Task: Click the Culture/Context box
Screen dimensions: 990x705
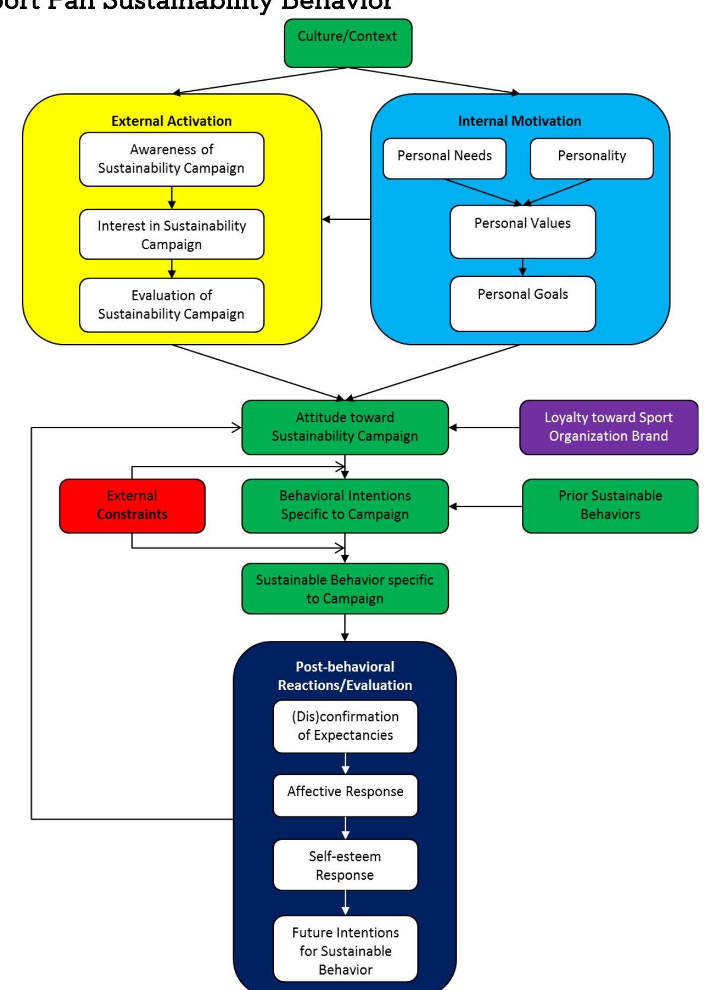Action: [347, 43]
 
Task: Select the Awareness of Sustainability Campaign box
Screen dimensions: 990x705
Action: [171, 159]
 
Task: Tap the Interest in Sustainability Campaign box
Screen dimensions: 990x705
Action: [171, 234]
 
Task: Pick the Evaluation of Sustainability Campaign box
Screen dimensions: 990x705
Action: [171, 305]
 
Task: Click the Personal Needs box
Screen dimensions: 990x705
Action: [445, 158]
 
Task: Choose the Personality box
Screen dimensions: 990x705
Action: [591, 158]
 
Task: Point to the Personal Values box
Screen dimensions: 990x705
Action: [522, 232]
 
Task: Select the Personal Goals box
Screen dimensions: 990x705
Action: [522, 304]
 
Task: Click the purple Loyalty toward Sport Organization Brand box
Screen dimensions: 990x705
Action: [608, 427]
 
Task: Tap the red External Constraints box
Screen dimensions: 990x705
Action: [132, 506]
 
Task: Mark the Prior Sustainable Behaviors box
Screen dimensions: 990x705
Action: [610, 506]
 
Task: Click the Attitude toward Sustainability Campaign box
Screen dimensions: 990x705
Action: [344, 427]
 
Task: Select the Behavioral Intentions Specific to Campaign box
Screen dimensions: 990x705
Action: [344, 506]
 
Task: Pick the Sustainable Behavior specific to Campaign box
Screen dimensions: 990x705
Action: [344, 589]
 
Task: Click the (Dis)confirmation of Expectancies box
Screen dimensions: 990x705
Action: [345, 726]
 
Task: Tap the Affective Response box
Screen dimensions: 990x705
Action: [345, 794]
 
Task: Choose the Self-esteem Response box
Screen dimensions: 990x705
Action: [345, 865]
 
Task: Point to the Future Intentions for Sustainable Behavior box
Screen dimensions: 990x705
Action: [345, 950]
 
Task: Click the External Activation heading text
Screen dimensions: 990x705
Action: [171, 121]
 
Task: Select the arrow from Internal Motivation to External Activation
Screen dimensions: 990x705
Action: [346, 220]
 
